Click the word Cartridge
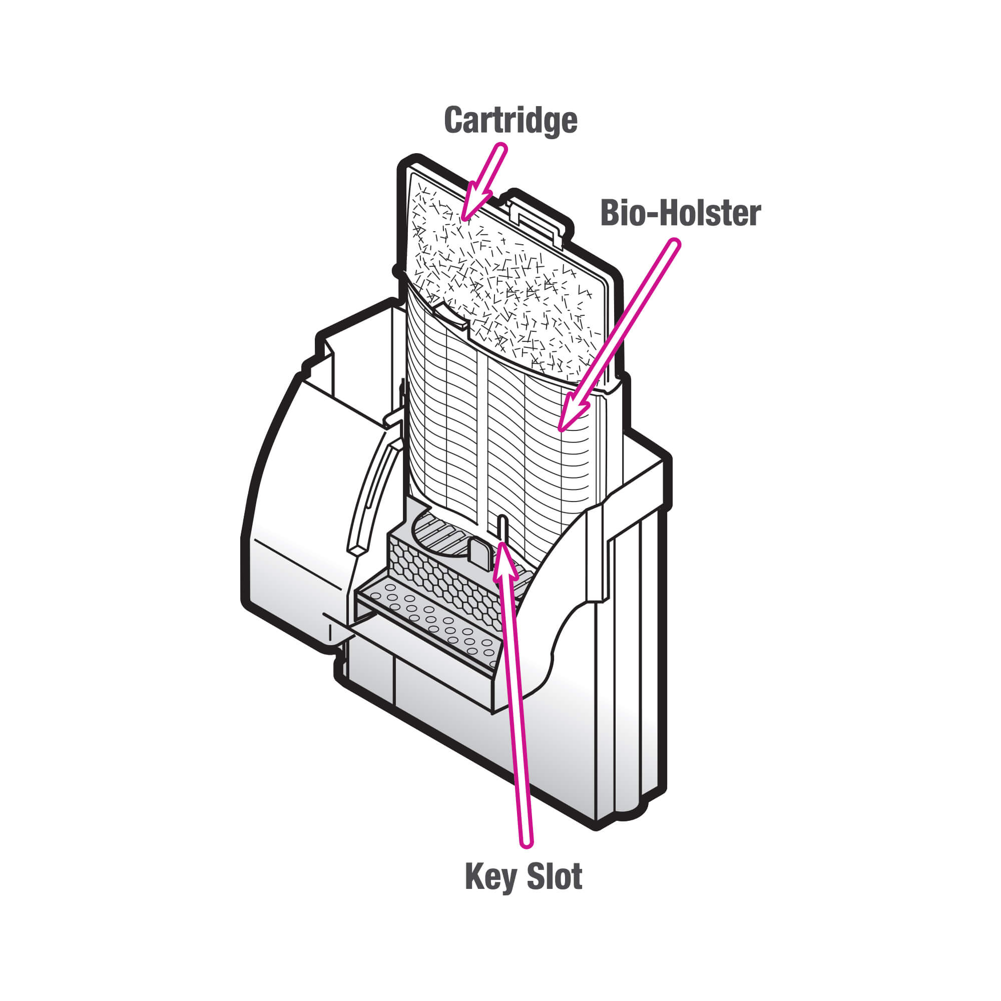pyautogui.click(x=511, y=120)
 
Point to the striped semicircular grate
pyautogui.click(x=440, y=536)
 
